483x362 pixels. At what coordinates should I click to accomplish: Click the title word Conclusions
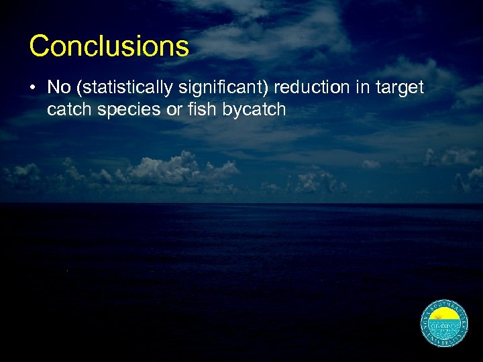pyautogui.click(x=109, y=46)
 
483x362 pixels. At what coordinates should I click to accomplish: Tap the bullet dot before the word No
pyautogui.click(x=34, y=88)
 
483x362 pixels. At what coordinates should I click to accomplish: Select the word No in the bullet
pyautogui.click(x=58, y=88)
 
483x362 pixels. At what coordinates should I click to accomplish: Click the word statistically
pyautogui.click(x=117, y=88)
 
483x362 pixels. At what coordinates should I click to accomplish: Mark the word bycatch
pyautogui.click(x=256, y=109)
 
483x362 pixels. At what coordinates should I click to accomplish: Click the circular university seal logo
pyautogui.click(x=444, y=324)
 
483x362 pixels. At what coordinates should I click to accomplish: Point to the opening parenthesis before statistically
pyautogui.click(x=77, y=88)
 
